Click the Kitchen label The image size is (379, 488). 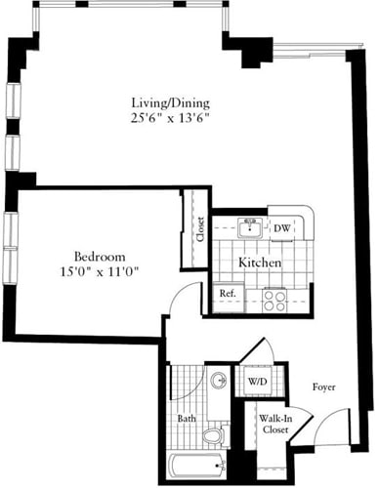[x=261, y=264]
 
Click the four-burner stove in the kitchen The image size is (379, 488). [x=274, y=299]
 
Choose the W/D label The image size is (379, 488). [x=257, y=382]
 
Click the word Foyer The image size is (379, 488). [x=324, y=387]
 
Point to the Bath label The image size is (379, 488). [x=186, y=421]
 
